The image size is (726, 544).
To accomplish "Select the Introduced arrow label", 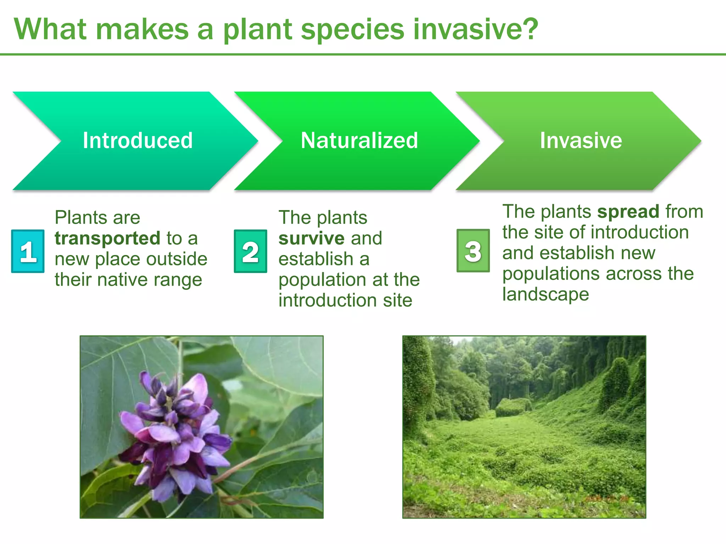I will (x=138, y=140).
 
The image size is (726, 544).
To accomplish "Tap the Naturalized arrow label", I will (x=359, y=140).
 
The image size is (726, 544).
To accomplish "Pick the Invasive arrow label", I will (x=581, y=140).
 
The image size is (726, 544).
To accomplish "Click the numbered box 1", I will (x=28, y=251).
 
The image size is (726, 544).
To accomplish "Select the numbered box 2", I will (x=250, y=251).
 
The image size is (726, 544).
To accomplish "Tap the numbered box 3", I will (x=473, y=251).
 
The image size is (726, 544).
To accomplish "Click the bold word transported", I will (x=108, y=238).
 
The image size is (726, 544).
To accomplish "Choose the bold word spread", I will (x=628, y=211).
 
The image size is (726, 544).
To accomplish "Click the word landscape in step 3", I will (x=546, y=294).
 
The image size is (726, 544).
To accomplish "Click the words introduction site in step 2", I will (x=345, y=300).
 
